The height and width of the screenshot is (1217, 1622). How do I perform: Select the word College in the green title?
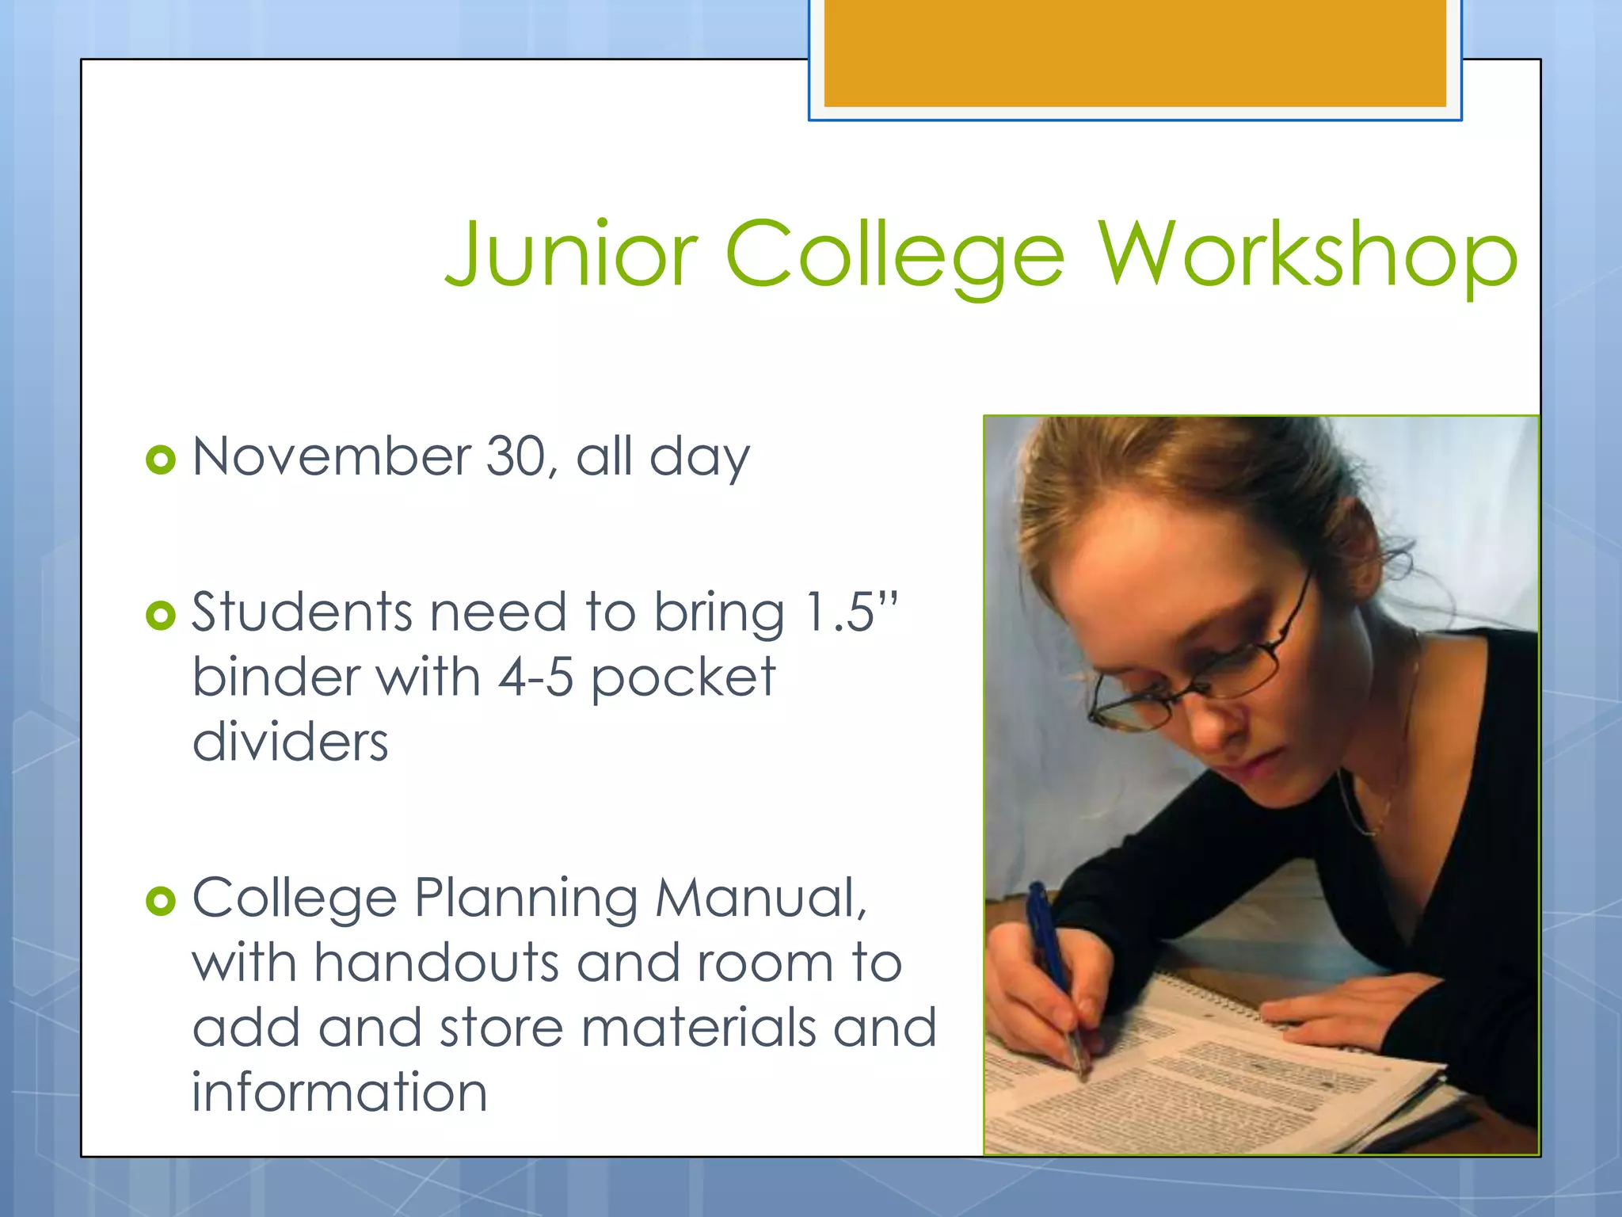point(895,255)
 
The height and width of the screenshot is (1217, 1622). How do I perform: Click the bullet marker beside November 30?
point(161,460)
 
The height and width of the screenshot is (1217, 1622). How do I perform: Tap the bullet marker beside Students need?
point(161,615)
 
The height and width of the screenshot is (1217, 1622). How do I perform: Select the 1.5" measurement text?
point(851,612)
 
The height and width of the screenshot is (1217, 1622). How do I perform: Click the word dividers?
point(290,742)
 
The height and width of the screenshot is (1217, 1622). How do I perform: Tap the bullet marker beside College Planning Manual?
point(161,901)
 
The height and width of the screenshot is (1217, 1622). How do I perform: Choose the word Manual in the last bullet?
point(761,898)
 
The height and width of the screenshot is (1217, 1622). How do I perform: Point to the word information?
point(339,1093)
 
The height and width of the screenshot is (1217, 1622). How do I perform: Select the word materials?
point(699,1028)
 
